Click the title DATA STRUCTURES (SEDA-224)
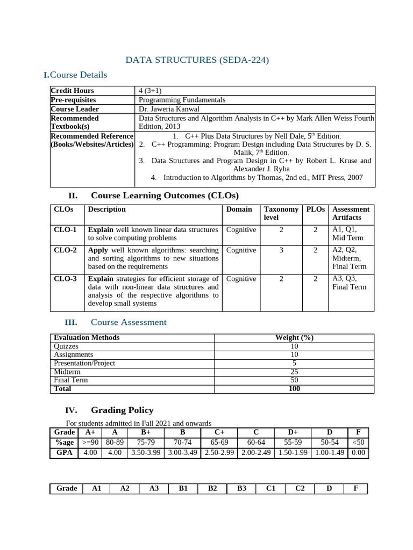197,60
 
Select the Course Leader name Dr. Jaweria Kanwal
169,109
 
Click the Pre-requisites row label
73,100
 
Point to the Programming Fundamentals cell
182,100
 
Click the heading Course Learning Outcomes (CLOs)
165,195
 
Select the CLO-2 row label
66,250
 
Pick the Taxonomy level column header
281,213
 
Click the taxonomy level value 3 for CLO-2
281,250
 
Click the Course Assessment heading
129,322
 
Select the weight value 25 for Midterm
294,372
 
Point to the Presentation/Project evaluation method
84,363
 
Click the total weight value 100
294,389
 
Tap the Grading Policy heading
122,410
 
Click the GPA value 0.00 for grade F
358,453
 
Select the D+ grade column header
293,432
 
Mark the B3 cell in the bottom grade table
241,488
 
